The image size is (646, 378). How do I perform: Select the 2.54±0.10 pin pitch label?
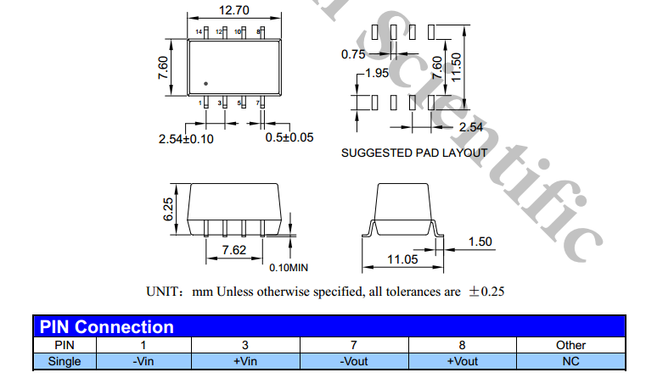pyautogui.click(x=186, y=138)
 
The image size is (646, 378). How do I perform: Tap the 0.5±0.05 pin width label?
pyautogui.click(x=289, y=137)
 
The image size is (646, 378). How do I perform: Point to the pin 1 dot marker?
pyautogui.click(x=206, y=83)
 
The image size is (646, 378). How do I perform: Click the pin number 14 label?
pyautogui.click(x=199, y=31)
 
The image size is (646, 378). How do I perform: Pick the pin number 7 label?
pyautogui.click(x=259, y=103)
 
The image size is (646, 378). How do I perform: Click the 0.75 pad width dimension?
pyautogui.click(x=353, y=53)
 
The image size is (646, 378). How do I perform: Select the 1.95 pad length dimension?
pyautogui.click(x=376, y=74)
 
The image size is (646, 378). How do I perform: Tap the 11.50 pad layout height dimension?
pyautogui.click(x=456, y=66)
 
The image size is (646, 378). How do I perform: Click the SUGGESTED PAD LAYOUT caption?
pyautogui.click(x=414, y=153)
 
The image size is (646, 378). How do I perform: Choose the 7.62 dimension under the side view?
pyautogui.click(x=233, y=251)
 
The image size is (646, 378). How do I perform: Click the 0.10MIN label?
pyautogui.click(x=289, y=268)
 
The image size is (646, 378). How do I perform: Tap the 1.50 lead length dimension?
pyautogui.click(x=480, y=242)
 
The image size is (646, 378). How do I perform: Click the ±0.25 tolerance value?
pyautogui.click(x=487, y=292)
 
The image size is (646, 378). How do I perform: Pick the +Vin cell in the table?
pyautogui.click(x=244, y=361)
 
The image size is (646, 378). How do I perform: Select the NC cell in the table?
pyautogui.click(x=570, y=361)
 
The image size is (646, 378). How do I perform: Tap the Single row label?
pyautogui.click(x=65, y=361)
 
